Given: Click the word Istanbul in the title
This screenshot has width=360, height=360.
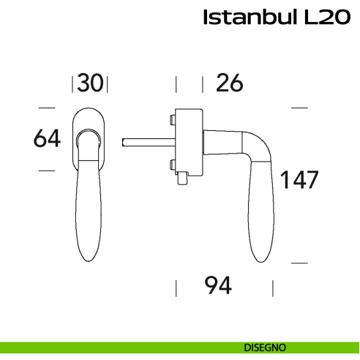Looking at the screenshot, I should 248,18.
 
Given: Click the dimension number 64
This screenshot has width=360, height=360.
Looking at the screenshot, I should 47,138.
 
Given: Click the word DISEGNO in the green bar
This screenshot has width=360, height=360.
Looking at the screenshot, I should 265,346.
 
